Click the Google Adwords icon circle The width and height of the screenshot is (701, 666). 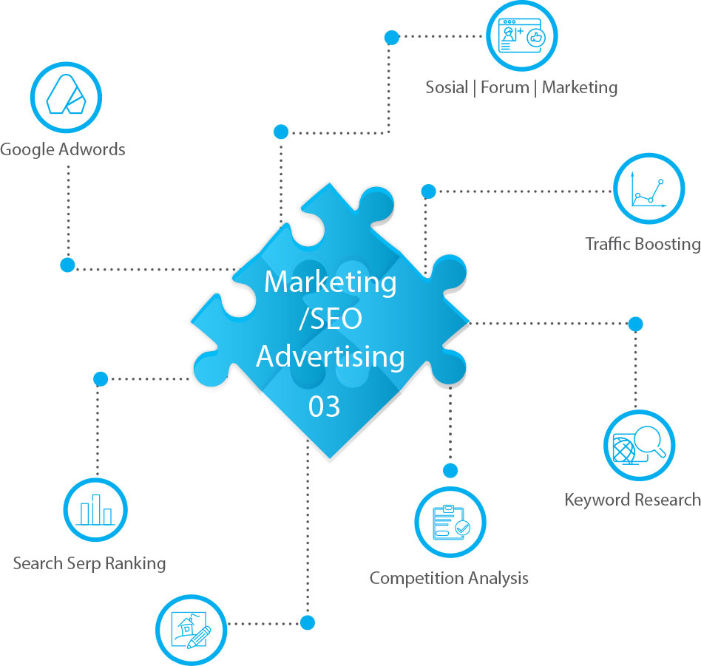65,98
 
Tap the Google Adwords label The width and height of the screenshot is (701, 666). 63,149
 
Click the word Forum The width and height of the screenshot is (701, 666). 505,87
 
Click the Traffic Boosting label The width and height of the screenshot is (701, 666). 643,244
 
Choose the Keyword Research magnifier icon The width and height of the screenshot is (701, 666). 639,446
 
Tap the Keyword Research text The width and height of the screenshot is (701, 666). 632,500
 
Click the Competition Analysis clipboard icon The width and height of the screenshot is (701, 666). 450,523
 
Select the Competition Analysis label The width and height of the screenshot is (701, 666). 449,577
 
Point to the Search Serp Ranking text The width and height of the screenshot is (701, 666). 89,564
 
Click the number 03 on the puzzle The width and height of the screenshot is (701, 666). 324,407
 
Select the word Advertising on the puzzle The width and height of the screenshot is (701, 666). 331,357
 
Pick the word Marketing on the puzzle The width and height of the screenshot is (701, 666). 331,282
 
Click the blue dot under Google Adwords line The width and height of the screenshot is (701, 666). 67,265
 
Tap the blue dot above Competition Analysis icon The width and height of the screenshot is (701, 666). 450,470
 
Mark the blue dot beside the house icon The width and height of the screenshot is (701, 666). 308,622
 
